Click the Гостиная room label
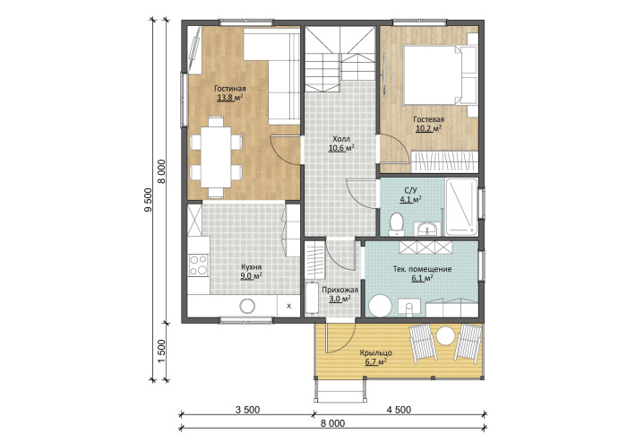pyautogui.click(x=230, y=89)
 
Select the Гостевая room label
pyautogui.click(x=429, y=119)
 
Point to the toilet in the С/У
pyautogui.click(x=397, y=223)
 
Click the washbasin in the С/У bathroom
pyautogui.click(x=427, y=229)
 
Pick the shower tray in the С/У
pyautogui.click(x=461, y=206)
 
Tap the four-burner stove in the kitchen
pyautogui.click(x=199, y=265)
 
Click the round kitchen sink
pyautogui.click(x=247, y=307)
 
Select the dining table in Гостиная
pyautogui.click(x=216, y=157)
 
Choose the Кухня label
pyautogui.click(x=251, y=267)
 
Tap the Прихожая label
pyautogui.click(x=339, y=290)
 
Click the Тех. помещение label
pyautogui.click(x=422, y=269)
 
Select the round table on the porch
pyautogui.click(x=445, y=335)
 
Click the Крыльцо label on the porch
pyautogui.click(x=375, y=353)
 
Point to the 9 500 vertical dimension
pyautogui.click(x=149, y=199)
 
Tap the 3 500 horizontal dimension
pyautogui.click(x=247, y=410)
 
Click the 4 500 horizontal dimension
pyautogui.click(x=399, y=410)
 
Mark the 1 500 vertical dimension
pyautogui.click(x=161, y=351)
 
